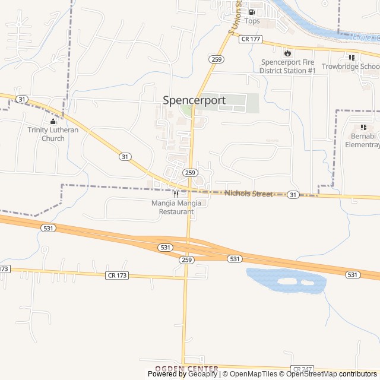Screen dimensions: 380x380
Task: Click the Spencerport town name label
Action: pos(194,100)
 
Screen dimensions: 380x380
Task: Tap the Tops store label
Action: pos(252,21)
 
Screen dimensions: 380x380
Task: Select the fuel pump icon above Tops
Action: pos(252,12)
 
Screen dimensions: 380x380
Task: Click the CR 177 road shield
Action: pos(251,39)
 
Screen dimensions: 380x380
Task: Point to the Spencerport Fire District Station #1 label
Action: pos(287,66)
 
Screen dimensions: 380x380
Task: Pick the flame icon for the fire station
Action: pos(287,52)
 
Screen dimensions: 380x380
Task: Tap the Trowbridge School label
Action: pos(350,66)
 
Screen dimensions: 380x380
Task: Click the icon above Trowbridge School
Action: pos(351,58)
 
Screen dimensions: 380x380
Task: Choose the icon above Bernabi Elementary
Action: pos(363,127)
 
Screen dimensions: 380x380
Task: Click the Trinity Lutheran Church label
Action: pos(53,134)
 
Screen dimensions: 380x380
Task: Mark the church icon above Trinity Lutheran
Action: pos(53,122)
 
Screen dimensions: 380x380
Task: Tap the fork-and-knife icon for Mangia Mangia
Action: pos(176,194)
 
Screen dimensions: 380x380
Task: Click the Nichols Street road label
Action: pos(248,194)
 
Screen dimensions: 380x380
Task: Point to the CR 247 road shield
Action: pos(302,369)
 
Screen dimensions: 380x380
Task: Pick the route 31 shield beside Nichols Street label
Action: pos(293,195)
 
